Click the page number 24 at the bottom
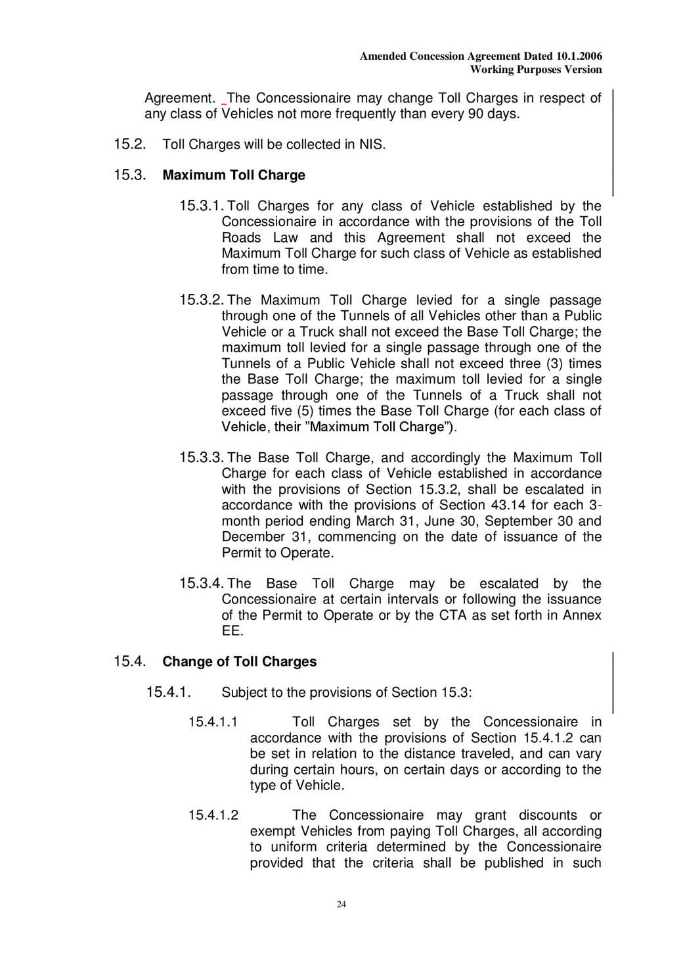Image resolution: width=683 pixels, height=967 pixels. [341, 905]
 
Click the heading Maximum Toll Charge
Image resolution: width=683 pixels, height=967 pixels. [233, 176]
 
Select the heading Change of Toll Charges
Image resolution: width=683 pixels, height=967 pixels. [239, 662]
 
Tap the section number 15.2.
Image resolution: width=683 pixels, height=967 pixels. [129, 145]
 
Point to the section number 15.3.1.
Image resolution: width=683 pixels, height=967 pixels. [202, 206]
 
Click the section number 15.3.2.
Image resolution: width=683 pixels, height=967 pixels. [202, 300]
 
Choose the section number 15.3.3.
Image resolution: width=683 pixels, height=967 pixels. [202, 458]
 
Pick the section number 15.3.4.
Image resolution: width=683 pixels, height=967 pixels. [202, 584]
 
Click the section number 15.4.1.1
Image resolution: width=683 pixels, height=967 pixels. [213, 722]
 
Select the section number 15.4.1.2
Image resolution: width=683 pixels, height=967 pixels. [213, 816]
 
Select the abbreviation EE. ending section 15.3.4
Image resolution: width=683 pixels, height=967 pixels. [232, 632]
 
